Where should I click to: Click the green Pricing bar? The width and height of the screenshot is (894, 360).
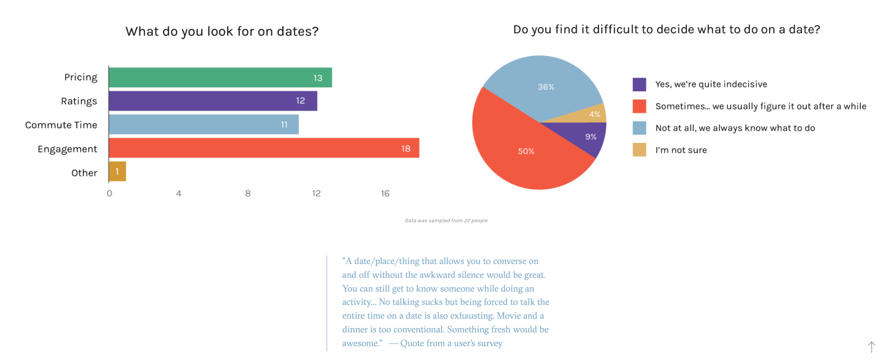(220, 77)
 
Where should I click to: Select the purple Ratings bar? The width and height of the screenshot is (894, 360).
(213, 101)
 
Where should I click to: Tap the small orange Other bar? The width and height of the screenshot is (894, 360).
(117, 171)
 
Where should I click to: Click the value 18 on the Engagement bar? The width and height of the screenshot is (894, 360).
(405, 149)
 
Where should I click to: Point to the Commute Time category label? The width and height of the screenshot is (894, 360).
(61, 125)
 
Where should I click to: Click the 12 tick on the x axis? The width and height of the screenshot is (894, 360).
(316, 193)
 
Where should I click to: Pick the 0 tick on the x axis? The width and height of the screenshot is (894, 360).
(110, 193)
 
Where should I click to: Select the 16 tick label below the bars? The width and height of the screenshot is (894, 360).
(385, 193)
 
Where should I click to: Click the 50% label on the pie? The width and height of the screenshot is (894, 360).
(526, 151)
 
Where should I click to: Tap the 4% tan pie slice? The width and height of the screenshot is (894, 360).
(594, 114)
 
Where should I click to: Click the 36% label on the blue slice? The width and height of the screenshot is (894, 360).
(546, 87)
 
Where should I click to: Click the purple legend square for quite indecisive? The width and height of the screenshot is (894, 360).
(639, 85)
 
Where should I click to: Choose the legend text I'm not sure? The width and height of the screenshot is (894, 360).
(681, 150)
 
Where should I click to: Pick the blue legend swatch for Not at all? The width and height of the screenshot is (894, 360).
(639, 128)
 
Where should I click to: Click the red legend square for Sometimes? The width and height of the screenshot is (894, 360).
(639, 106)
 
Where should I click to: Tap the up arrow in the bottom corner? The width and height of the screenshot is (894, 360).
(871, 347)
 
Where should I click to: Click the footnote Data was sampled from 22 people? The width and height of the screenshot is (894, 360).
(446, 220)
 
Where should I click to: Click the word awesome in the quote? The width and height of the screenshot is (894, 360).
(361, 343)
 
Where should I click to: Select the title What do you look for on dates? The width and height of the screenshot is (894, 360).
(222, 31)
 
